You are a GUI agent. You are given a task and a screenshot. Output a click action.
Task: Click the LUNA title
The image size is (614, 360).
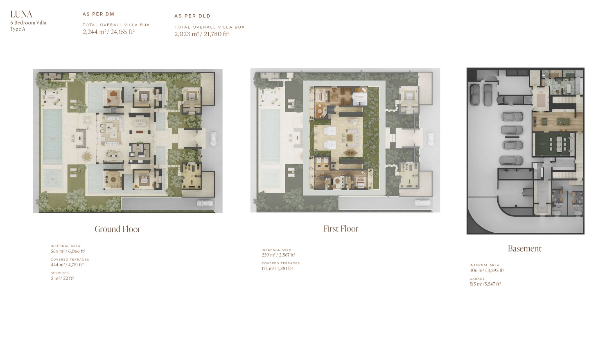click(x=21, y=15)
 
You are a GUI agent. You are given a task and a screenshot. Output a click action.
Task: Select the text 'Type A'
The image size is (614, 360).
click(x=18, y=29)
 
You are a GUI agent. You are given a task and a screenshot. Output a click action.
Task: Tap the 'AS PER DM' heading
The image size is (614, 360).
click(x=98, y=14)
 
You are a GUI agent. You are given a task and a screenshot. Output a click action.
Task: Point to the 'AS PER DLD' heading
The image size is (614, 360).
click(x=192, y=16)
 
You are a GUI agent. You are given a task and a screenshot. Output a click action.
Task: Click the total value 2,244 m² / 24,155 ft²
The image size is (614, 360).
click(x=108, y=32)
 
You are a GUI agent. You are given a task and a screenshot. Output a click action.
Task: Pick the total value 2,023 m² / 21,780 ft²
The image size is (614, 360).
click(x=202, y=34)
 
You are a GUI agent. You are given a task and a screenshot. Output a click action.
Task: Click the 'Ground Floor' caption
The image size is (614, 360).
click(x=117, y=229)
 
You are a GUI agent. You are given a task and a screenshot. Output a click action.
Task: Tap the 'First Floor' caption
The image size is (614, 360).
click(x=341, y=229)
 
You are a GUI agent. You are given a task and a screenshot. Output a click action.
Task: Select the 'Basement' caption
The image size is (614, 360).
click(x=524, y=248)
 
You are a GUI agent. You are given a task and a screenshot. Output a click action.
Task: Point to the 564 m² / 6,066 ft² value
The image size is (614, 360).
click(x=68, y=251)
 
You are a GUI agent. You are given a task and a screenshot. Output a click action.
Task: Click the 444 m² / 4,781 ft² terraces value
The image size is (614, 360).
click(x=67, y=265)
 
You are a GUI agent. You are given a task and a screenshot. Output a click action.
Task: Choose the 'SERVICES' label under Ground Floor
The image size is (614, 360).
click(x=60, y=273)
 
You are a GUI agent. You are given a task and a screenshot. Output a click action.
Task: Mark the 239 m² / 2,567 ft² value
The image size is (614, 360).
click(x=278, y=255)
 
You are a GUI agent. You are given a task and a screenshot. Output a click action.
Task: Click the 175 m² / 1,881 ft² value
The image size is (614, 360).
click(x=277, y=268)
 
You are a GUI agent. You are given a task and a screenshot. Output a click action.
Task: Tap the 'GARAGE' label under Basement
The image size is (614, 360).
click(x=477, y=279)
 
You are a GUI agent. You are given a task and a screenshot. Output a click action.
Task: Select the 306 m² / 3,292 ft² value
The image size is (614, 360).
click(x=487, y=270)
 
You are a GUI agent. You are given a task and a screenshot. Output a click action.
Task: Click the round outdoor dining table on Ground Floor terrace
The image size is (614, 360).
click(x=87, y=156)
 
